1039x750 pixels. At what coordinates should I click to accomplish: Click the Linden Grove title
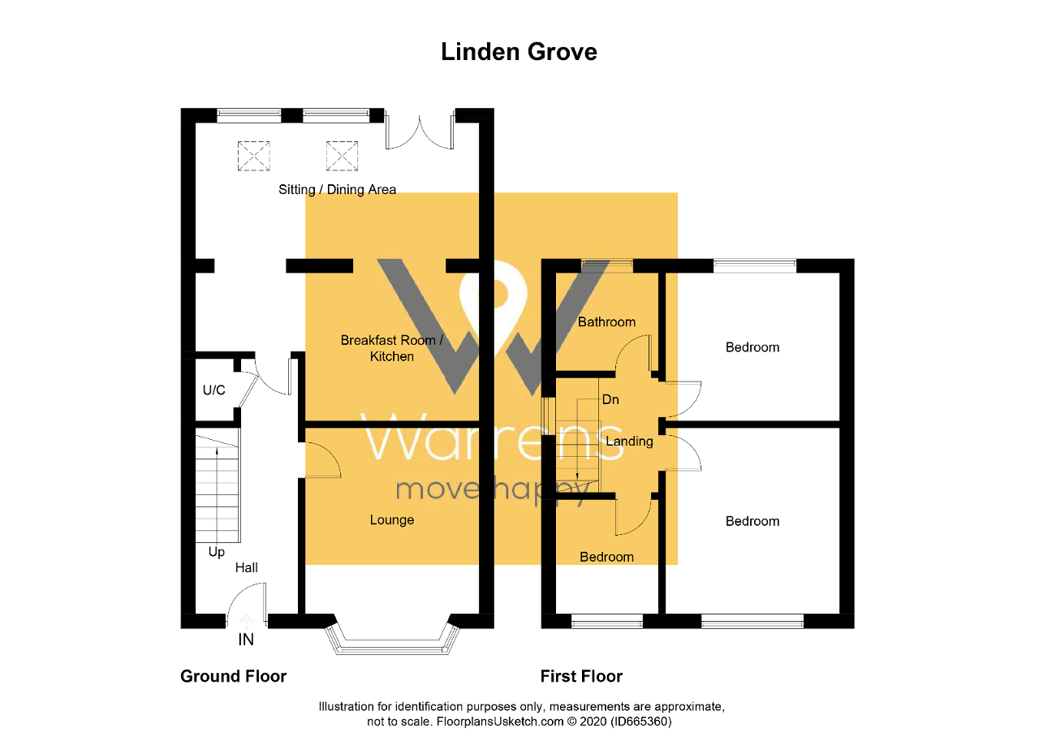[x=519, y=52]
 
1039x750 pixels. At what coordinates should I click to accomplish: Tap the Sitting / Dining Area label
[x=337, y=190]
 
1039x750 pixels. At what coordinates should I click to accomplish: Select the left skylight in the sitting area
[x=253, y=155]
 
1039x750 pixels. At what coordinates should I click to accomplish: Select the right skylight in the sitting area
[x=342, y=155]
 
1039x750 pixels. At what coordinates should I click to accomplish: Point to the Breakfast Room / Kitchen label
[x=392, y=348]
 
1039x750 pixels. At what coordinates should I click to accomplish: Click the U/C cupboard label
[x=213, y=390]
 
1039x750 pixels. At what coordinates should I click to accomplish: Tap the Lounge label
[x=392, y=520]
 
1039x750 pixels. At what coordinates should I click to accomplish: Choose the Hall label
[x=247, y=567]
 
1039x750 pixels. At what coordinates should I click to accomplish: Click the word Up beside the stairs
[x=217, y=552]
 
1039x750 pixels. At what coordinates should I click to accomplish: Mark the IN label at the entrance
[x=246, y=640]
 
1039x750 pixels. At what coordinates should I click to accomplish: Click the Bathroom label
[x=606, y=322]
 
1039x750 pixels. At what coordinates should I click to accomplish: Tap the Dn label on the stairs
[x=610, y=400]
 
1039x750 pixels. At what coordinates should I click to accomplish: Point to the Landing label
[x=630, y=442]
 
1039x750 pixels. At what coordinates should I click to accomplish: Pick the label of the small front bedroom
[x=606, y=557]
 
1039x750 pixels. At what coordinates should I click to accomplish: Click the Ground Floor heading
[x=233, y=676]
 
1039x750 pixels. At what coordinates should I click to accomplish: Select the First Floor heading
[x=581, y=676]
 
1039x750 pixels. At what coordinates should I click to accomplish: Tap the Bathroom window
[x=607, y=264]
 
